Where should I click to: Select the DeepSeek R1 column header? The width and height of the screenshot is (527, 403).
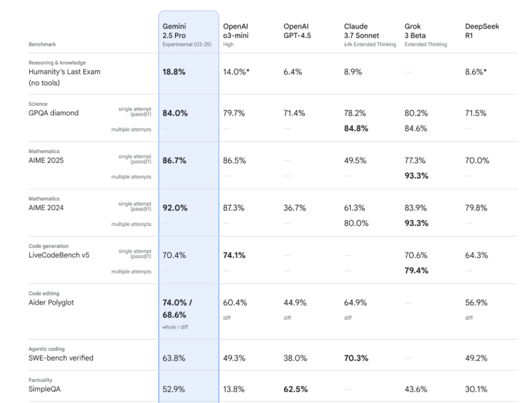coord(482,31)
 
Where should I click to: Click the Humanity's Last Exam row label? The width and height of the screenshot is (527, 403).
coord(65,72)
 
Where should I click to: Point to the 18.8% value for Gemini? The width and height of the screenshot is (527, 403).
coord(175,72)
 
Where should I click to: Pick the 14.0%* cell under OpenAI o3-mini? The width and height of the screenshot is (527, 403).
coord(236,72)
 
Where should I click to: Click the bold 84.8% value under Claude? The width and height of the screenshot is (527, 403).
coord(357,129)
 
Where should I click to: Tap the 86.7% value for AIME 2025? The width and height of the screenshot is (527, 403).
coord(175,160)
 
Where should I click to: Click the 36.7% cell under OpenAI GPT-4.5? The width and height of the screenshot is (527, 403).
coord(295,207)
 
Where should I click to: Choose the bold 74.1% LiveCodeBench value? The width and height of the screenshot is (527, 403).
coord(236,255)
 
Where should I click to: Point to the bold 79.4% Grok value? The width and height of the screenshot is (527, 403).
coord(417,271)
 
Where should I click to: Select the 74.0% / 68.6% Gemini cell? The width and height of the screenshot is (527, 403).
coord(177,307)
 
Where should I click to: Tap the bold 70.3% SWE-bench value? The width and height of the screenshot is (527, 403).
coord(357,358)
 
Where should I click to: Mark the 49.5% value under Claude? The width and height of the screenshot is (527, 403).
coord(356,160)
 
